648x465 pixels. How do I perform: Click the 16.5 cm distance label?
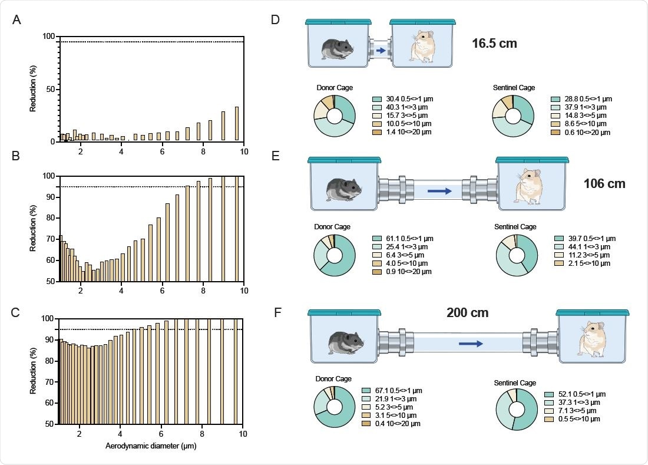494,43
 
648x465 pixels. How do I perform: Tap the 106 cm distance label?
604,184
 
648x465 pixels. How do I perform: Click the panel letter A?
17,21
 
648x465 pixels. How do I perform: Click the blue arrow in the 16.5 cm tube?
381,51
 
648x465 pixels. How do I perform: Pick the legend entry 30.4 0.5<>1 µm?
402,99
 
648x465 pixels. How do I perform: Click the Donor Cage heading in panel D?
334,88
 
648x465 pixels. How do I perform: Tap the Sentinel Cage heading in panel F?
515,383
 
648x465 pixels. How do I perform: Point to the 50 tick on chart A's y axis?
50,89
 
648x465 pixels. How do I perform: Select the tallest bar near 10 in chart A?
237,124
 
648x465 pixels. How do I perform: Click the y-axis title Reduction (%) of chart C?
33,371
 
